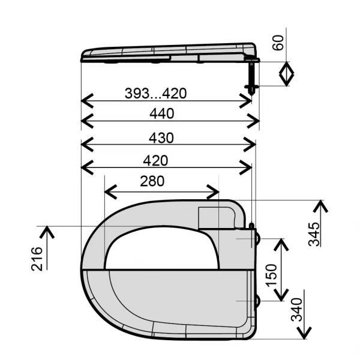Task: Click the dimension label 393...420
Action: click(155, 94)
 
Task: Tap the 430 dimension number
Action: click(161, 137)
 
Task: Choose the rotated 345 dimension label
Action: click(313, 233)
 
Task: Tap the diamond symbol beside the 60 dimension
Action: click(287, 75)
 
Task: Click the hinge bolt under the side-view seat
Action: click(251, 75)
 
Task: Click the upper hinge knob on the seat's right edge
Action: click(258, 237)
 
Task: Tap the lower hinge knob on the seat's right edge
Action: click(258, 300)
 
